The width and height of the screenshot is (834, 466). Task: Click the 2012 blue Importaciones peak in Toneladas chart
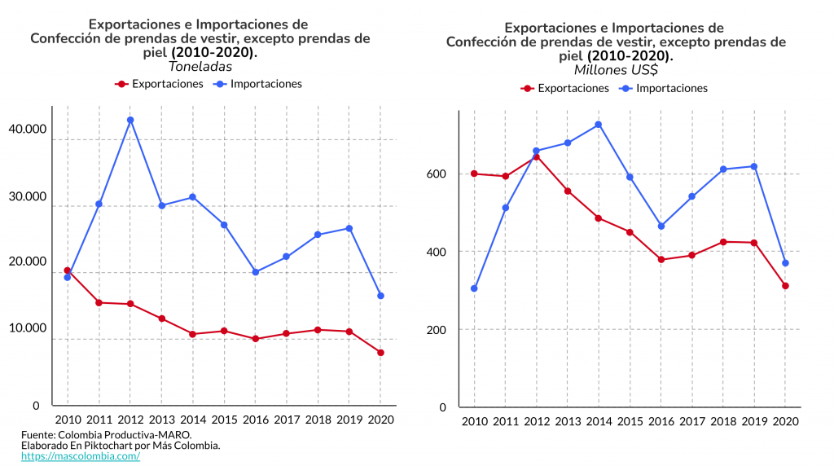(x=130, y=120)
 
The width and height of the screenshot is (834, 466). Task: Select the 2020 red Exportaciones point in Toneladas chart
(x=380, y=353)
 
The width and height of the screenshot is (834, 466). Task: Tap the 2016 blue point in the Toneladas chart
(x=255, y=272)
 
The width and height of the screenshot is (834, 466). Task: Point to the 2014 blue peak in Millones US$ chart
(x=599, y=125)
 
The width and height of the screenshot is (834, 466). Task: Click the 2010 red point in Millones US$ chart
(x=474, y=174)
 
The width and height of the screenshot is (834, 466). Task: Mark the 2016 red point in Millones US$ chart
(x=661, y=260)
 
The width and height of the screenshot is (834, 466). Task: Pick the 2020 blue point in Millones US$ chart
(x=785, y=263)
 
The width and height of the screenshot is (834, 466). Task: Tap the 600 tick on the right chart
(x=437, y=174)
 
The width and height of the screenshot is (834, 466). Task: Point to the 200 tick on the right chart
(x=437, y=329)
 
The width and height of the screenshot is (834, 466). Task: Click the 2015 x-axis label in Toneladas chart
(x=224, y=420)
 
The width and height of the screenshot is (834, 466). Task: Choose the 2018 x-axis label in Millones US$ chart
(x=723, y=421)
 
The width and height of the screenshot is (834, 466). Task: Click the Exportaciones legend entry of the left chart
(x=160, y=84)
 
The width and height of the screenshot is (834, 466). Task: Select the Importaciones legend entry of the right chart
(x=664, y=88)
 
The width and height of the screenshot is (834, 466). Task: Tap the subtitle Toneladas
(x=200, y=67)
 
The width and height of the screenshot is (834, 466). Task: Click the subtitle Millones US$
(x=616, y=70)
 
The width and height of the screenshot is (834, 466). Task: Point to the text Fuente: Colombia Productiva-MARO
(x=106, y=435)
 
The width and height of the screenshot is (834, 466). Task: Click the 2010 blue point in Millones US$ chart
(x=474, y=288)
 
